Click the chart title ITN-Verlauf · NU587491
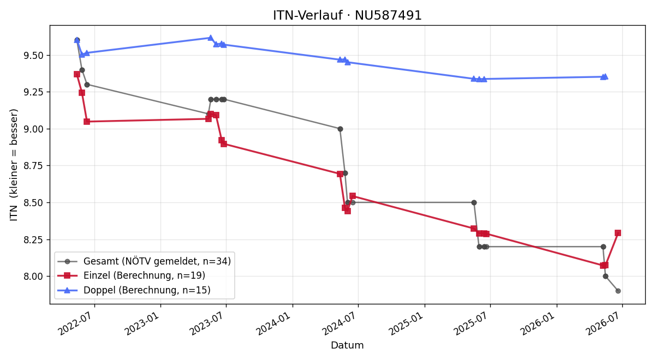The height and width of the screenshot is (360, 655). tap(347, 15)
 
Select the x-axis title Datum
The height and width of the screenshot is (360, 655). tap(347, 345)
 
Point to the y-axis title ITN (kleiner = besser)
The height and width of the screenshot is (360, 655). tap(14, 165)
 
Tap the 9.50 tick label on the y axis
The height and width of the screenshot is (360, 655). tap(33, 56)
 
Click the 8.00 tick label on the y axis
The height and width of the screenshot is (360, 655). tap(33, 277)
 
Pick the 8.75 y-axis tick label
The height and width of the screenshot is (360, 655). tap(33, 166)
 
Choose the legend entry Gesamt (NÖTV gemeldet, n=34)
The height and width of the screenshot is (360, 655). tap(157, 261)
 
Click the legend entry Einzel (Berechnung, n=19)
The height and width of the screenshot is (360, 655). tap(145, 275)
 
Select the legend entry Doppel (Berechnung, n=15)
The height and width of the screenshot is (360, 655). tap(147, 290)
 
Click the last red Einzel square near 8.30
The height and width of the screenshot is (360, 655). tap(618, 233)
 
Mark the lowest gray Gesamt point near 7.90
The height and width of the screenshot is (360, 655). tap(618, 291)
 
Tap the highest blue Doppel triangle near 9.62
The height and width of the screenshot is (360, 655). tap(211, 38)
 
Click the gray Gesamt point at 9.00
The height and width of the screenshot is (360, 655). tap(340, 129)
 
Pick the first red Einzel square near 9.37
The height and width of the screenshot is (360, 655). tap(77, 74)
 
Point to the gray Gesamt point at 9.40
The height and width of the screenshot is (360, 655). tap(82, 70)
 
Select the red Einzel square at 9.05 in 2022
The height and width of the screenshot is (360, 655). tap(87, 122)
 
